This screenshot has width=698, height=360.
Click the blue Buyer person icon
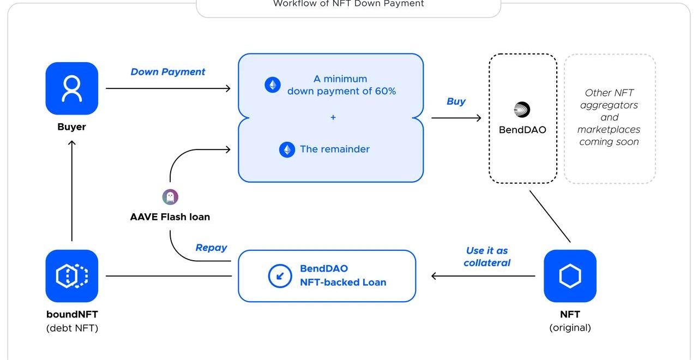[x=71, y=88]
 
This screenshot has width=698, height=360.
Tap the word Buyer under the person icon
[x=71, y=127]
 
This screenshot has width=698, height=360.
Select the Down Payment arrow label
[x=168, y=72]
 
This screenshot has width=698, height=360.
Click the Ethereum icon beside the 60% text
[x=273, y=85]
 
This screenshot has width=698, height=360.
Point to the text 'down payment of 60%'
[x=341, y=91]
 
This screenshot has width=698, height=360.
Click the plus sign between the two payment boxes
[x=333, y=117]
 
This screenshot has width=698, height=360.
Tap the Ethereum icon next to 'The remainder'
[x=287, y=149]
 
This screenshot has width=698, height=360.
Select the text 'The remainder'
[x=335, y=149]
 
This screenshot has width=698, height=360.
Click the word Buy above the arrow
[x=456, y=101]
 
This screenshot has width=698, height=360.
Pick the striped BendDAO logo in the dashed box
[x=522, y=110]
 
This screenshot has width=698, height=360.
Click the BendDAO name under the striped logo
[x=522, y=130]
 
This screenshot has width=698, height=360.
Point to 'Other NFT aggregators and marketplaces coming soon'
[x=609, y=117]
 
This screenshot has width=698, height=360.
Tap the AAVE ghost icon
[x=170, y=197]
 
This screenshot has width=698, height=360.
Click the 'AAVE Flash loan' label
[x=170, y=217]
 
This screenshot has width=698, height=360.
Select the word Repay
[x=211, y=248]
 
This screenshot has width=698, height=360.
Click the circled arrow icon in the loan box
[x=280, y=276]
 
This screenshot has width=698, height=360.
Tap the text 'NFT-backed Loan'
[x=343, y=283]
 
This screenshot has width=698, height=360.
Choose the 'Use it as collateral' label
[x=487, y=256]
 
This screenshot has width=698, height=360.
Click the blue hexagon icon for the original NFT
[x=570, y=276]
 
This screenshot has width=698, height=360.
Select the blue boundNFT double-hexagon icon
[x=71, y=276]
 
